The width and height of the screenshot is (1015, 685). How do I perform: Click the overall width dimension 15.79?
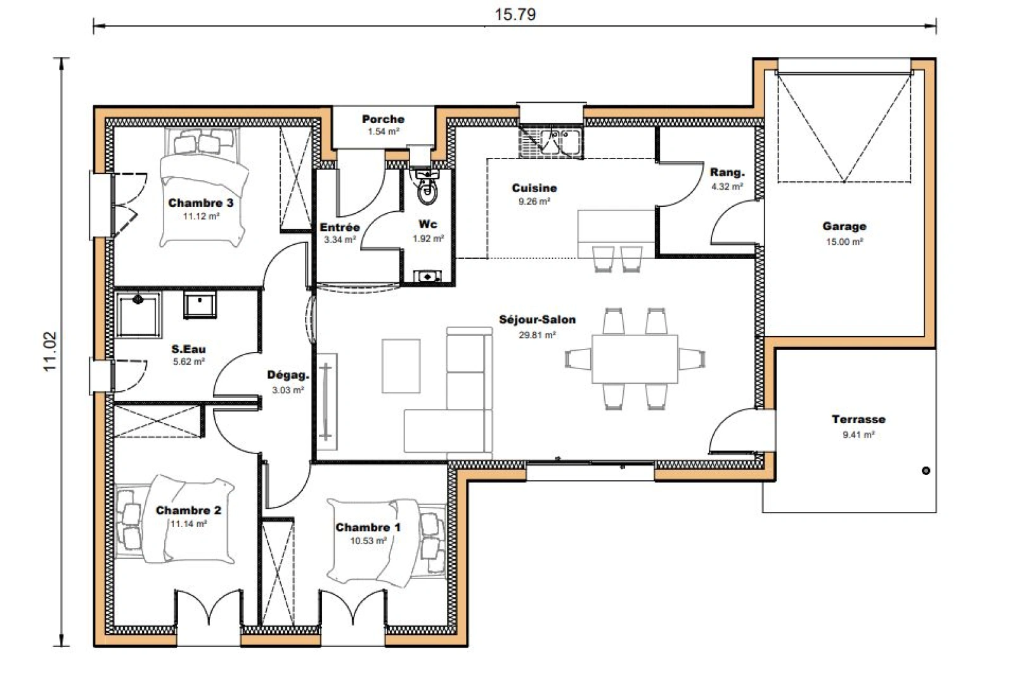[514, 15]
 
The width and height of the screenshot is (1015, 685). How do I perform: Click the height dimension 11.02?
[51, 351]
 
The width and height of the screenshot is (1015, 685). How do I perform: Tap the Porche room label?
[383, 119]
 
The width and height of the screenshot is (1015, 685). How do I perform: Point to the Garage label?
[844, 226]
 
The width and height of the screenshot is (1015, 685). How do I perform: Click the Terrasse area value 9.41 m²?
[858, 435]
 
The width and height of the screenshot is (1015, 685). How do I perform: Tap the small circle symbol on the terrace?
[926, 471]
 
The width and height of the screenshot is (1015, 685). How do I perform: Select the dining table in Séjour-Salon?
[635, 359]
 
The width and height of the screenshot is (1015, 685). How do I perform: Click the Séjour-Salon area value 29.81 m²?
[537, 335]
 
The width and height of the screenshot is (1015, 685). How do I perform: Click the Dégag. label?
[288, 375]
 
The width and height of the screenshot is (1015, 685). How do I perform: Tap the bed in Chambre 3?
[202, 190]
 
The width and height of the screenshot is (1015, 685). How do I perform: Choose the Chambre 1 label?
[368, 528]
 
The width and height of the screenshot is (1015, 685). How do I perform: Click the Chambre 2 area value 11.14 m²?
[188, 525]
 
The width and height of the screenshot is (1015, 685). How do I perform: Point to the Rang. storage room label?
[727, 173]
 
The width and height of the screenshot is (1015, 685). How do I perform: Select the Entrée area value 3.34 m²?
[340, 240]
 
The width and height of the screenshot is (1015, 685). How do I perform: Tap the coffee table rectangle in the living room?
[401, 366]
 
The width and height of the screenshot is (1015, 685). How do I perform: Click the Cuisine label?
[534, 188]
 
